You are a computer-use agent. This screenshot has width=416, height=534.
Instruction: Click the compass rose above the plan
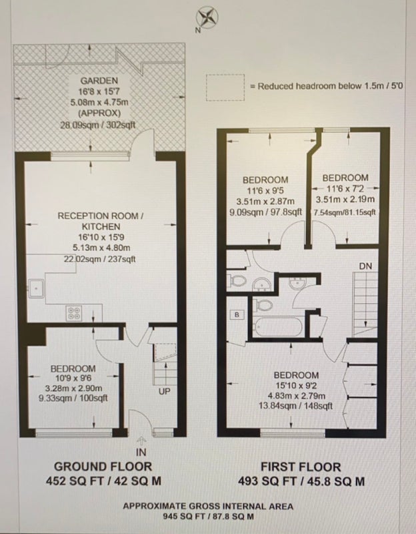coord(208,18)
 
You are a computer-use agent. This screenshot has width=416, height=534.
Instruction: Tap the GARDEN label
coord(99,81)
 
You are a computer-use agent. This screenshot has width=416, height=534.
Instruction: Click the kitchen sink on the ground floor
coord(36,288)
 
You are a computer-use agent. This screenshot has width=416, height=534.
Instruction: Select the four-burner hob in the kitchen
coord(75,313)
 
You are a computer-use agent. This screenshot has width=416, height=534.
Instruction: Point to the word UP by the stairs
coord(164,392)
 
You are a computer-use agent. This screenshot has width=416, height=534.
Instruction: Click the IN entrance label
coord(141,452)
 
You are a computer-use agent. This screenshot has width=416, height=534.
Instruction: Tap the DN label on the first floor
coord(365,266)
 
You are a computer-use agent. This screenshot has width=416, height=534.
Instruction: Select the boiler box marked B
coord(237,314)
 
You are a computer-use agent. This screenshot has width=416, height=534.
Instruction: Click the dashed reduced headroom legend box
coord(225,87)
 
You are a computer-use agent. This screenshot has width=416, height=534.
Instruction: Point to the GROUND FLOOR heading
coord(103,466)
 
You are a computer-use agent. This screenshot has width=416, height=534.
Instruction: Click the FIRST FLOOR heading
coord(301,467)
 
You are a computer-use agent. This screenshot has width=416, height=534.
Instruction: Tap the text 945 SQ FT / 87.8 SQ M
coord(208,516)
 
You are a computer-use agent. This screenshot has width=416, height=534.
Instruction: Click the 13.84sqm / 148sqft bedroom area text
coord(295,406)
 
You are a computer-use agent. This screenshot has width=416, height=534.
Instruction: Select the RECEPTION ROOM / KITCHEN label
coord(101,221)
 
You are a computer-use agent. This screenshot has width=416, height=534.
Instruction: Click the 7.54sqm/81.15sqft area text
coord(345,212)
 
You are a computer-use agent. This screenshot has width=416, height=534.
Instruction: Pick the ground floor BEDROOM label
coord(73,368)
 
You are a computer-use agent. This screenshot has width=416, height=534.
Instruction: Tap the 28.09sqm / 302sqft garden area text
coord(97,125)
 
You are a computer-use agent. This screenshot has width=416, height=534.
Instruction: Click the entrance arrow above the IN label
coord(141,441)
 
